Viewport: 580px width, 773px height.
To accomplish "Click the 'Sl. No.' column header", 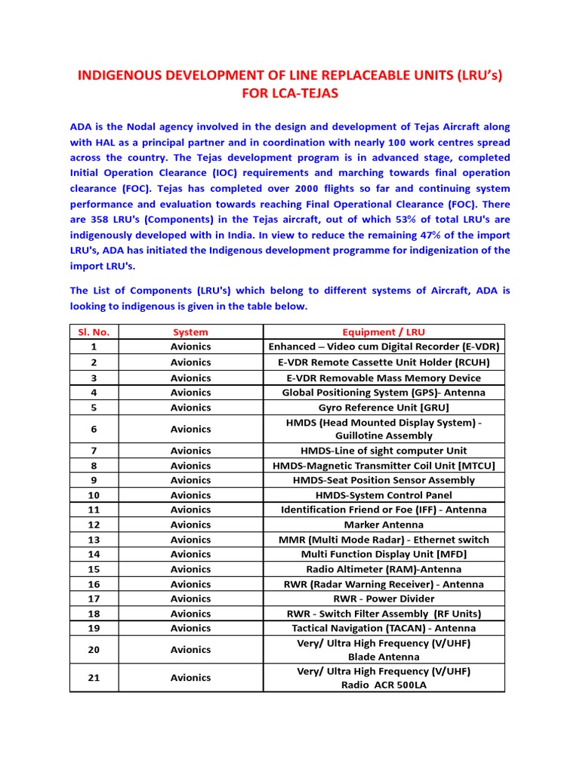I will tap(94, 331).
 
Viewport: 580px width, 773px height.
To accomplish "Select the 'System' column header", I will tap(190, 331).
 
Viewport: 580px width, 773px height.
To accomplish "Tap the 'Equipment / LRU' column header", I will tap(384, 331).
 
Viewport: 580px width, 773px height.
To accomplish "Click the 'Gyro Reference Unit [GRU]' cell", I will tap(384, 407).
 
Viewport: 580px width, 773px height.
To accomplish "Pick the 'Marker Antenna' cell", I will tap(384, 525).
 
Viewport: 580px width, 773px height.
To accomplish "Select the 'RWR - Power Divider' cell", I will tap(384, 599).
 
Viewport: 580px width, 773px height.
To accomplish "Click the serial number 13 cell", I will tap(94, 540).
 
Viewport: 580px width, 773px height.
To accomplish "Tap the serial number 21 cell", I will tap(94, 678).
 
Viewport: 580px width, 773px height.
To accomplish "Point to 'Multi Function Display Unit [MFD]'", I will tap(384, 554).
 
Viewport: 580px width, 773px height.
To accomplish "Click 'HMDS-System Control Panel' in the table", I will tap(384, 495).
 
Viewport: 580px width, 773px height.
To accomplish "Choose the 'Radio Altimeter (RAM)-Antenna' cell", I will tap(384, 569).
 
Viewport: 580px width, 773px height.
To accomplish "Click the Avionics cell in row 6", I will tap(190, 429).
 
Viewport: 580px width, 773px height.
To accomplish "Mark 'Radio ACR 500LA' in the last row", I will tap(384, 685).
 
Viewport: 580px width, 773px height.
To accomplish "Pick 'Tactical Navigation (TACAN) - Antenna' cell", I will tap(384, 628).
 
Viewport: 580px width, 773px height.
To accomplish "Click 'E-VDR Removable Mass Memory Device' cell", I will tap(384, 377).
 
